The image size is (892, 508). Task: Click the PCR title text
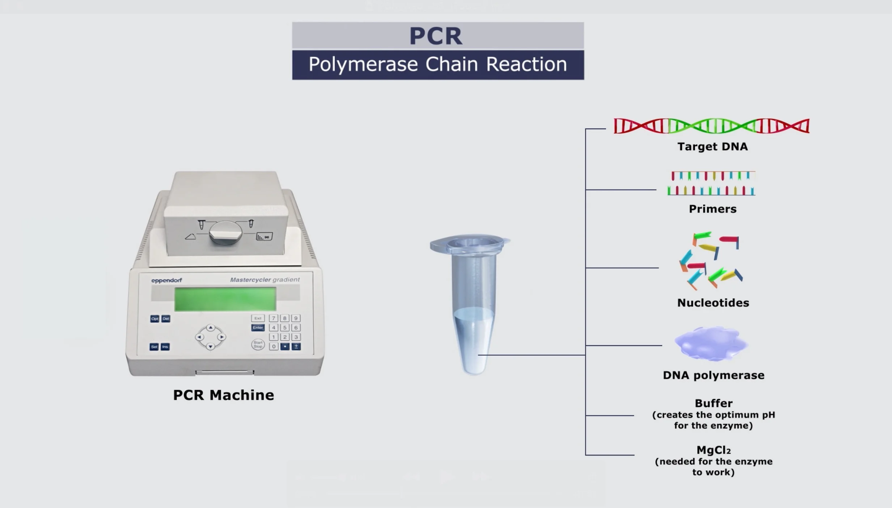436,36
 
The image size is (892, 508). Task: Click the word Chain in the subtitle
452,64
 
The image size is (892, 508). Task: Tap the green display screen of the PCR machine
225,299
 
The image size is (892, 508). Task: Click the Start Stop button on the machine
258,344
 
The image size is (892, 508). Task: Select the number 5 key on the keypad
285,327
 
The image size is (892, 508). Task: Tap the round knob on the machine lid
225,233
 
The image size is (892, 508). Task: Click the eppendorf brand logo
166,280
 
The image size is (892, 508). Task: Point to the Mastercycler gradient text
265,280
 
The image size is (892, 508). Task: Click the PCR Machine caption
224,395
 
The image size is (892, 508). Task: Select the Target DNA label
713,147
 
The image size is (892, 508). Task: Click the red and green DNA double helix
711,126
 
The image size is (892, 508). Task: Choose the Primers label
713,209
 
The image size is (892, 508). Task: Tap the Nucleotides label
713,303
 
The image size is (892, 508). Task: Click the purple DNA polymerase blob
711,343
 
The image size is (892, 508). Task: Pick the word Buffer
714,403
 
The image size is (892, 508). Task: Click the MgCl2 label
714,450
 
